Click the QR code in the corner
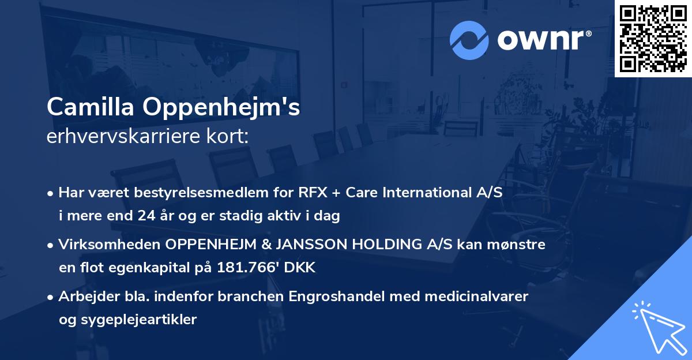pyautogui.click(x=653, y=39)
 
